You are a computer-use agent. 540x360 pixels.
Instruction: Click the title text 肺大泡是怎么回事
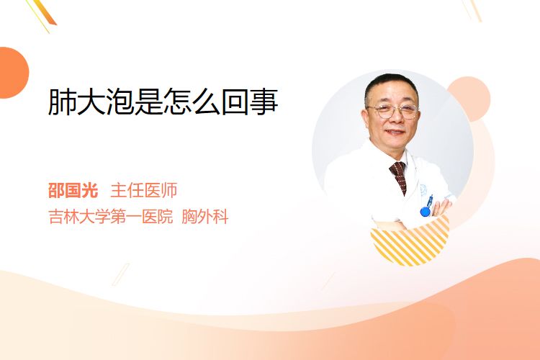(163, 102)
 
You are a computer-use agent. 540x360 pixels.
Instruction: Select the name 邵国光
(73, 191)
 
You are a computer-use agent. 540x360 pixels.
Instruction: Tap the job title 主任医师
(144, 191)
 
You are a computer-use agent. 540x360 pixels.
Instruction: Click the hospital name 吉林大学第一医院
(111, 217)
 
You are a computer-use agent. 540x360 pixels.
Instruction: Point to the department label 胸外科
(205, 217)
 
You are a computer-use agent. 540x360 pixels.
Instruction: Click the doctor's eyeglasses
(393, 111)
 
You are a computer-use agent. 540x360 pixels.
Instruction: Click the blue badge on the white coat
(426, 211)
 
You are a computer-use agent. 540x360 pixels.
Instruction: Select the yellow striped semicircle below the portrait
(410, 242)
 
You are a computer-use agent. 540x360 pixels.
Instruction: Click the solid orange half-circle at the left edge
(14, 73)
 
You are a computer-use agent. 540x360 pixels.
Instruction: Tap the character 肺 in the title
(62, 102)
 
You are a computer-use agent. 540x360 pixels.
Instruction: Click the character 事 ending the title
(264, 102)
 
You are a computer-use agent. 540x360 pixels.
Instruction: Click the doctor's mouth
(395, 132)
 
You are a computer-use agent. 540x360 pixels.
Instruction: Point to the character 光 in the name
(90, 191)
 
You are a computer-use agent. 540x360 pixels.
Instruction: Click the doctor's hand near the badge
(441, 207)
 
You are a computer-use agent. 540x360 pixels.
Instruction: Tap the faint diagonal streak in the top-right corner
(472, 10)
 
